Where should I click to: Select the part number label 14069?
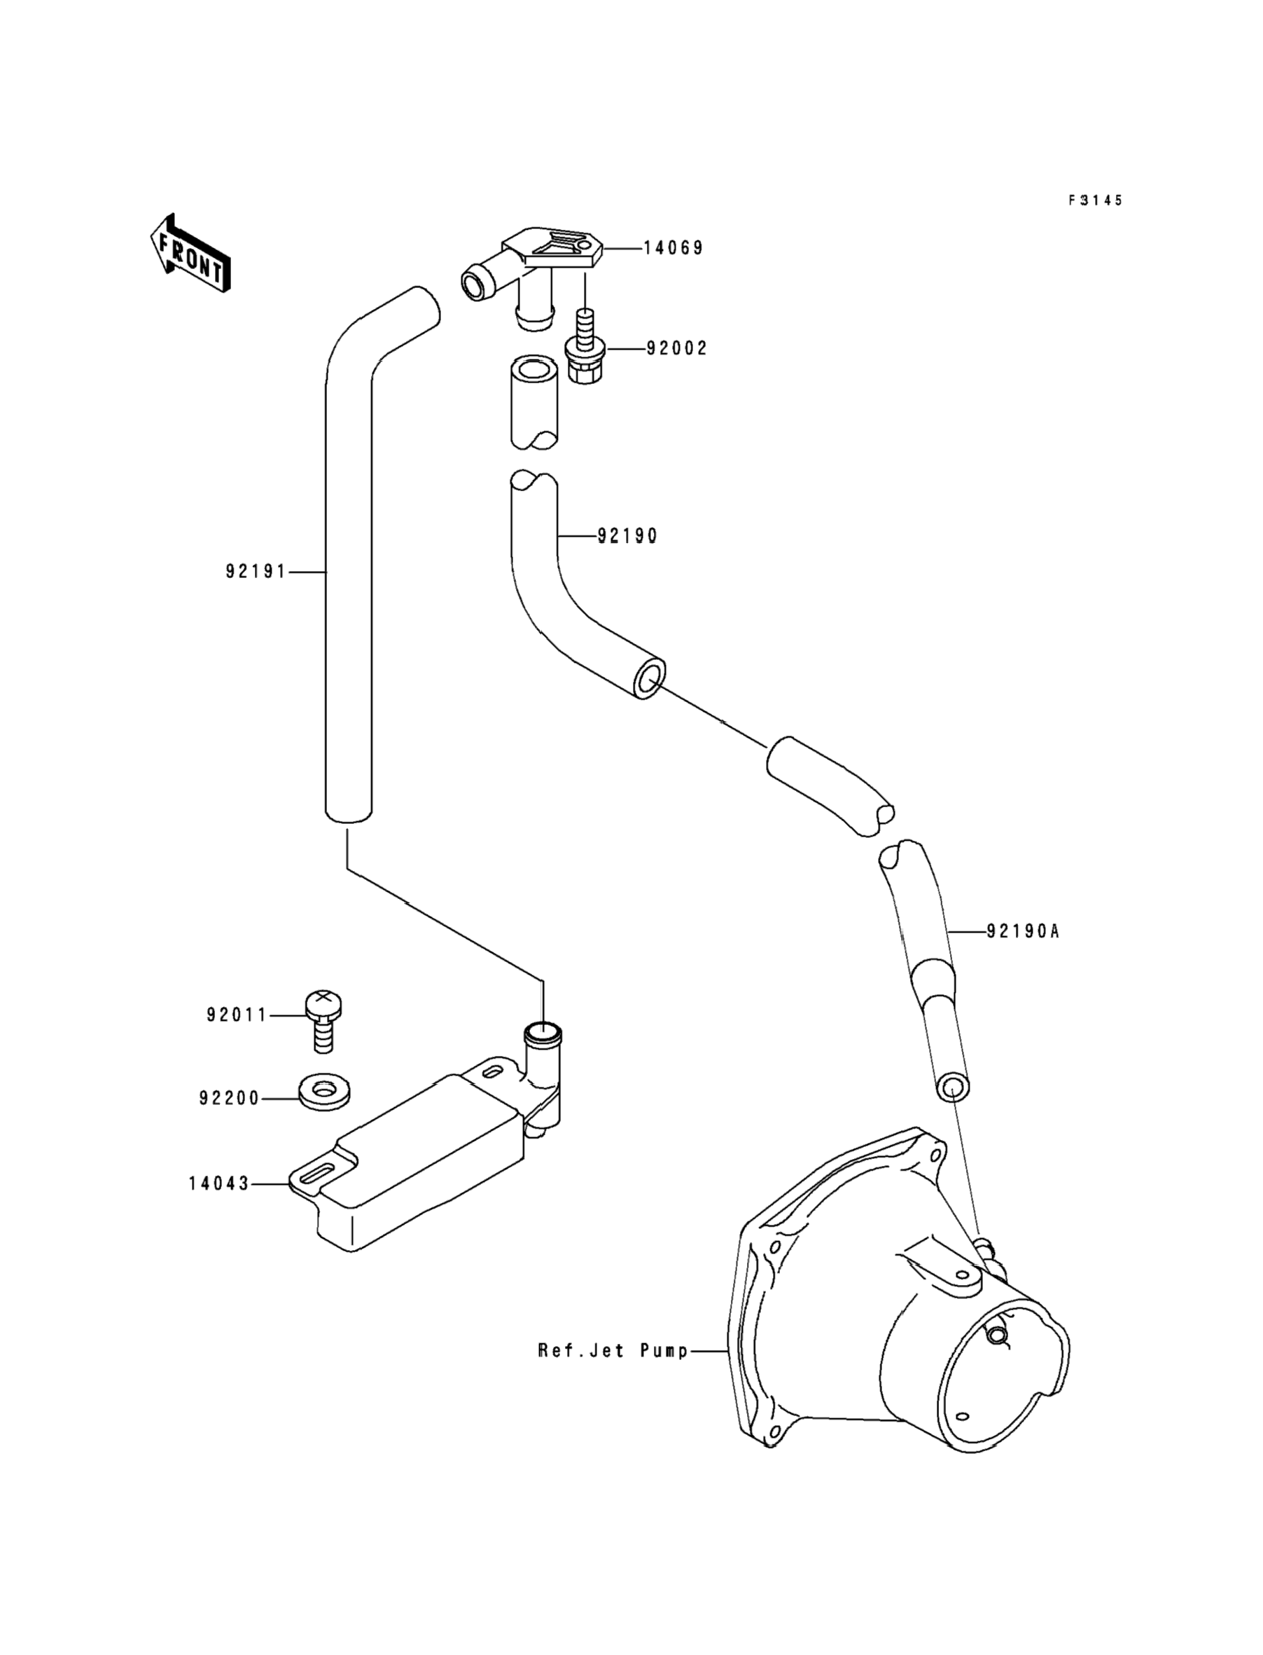tap(674, 248)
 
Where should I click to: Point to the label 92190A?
tap(1022, 932)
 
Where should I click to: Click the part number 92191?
tap(256, 572)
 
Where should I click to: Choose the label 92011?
tap(237, 1015)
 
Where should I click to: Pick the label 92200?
tap(230, 1099)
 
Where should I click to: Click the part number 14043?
tap(218, 1184)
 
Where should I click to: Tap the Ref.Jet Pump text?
tap(613, 1351)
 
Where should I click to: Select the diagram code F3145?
tap(1096, 200)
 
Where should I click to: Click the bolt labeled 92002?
tap(585, 347)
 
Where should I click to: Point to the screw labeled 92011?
tap(323, 1021)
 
